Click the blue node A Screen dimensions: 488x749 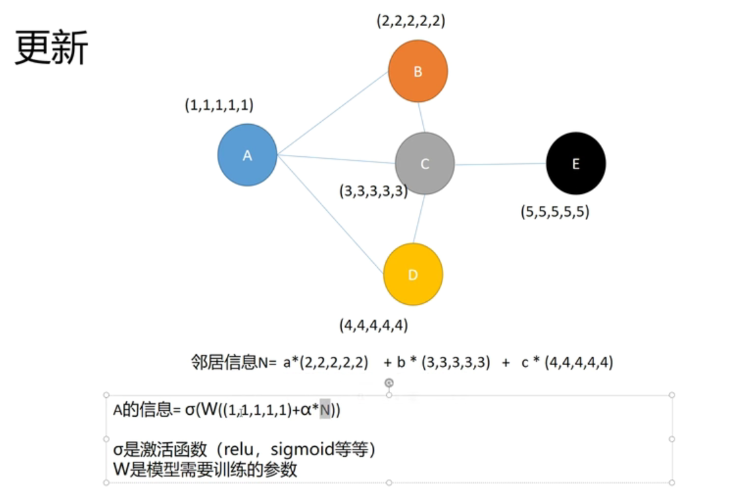click(x=247, y=155)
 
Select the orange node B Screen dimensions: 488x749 click(x=418, y=71)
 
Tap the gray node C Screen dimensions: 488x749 click(x=425, y=163)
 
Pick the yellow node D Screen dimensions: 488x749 click(x=413, y=274)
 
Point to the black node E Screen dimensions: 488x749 click(x=576, y=163)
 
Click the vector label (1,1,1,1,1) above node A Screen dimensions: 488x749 click(x=219, y=104)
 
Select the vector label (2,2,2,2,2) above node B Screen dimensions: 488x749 click(x=410, y=21)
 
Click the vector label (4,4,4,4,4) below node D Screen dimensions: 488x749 click(x=374, y=324)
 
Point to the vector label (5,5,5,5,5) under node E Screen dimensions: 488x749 click(x=555, y=212)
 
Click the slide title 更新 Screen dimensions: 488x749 click(x=51, y=48)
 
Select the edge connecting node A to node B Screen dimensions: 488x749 click(x=333, y=113)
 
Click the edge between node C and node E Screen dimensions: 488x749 click(x=500, y=164)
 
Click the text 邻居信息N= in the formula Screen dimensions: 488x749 click(x=233, y=363)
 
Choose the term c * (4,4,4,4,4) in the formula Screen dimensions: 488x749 click(x=567, y=363)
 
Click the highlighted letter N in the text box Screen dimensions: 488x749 click(x=325, y=410)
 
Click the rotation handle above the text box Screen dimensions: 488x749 click(x=389, y=382)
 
